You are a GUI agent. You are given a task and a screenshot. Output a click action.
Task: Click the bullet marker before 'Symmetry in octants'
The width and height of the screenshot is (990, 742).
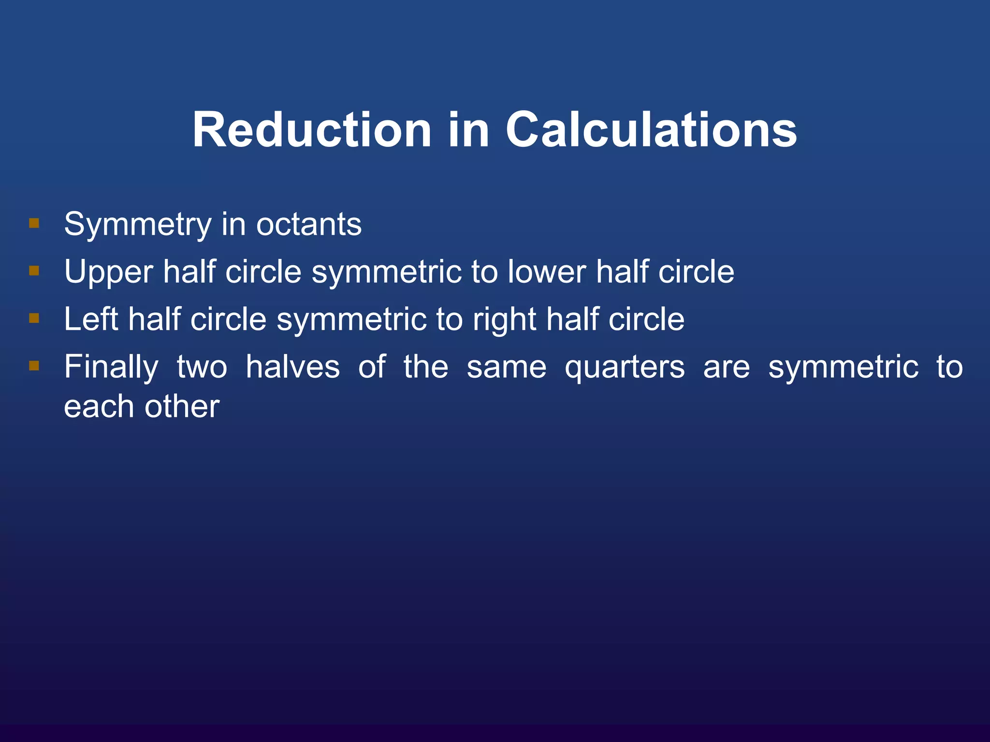(34, 223)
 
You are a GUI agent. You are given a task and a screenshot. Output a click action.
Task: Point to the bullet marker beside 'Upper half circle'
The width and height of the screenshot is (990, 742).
(34, 271)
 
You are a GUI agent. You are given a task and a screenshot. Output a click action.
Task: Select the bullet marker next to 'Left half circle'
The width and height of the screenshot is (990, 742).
(34, 318)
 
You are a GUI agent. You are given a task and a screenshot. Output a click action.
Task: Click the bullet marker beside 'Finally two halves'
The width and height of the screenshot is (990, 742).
(34, 366)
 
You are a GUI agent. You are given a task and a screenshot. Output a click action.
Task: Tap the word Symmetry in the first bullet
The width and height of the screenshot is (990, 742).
(138, 225)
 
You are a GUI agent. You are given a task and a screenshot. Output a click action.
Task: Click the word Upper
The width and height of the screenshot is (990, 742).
(109, 272)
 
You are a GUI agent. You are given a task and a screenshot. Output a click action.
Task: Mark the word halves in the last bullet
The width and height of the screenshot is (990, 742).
(293, 367)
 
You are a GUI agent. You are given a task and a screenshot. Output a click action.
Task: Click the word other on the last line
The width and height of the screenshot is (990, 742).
(182, 406)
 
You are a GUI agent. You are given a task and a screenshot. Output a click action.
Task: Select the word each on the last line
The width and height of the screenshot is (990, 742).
(99, 406)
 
